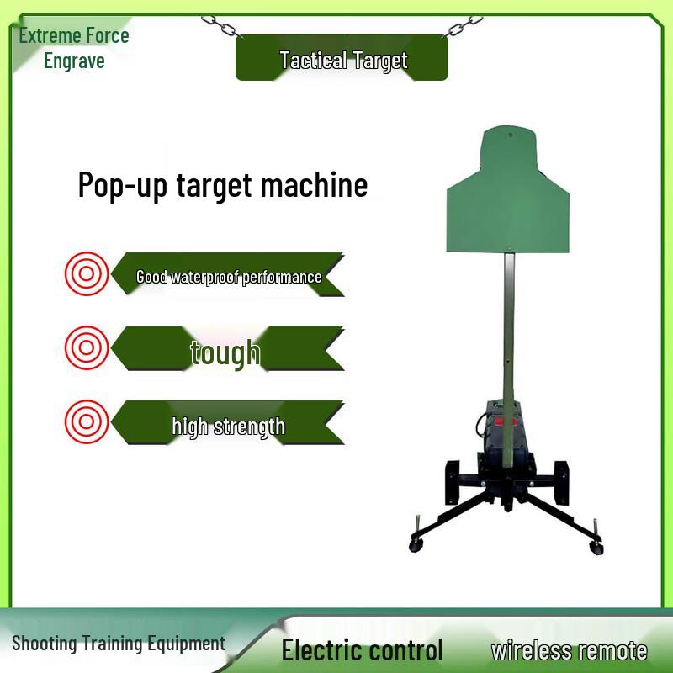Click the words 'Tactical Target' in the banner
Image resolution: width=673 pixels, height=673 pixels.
342,61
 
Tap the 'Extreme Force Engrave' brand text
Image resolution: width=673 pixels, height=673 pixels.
73,48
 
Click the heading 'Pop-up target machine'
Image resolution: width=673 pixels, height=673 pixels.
222,185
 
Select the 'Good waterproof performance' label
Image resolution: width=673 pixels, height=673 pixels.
229,277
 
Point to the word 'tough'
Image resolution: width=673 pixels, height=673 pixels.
225,352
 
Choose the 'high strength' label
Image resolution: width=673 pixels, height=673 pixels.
228,427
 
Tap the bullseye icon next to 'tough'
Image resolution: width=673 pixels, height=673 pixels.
87,348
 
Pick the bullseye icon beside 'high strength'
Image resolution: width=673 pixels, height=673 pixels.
87,423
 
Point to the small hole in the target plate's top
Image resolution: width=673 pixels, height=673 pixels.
508,132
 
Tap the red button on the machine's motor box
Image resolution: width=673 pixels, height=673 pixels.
506,423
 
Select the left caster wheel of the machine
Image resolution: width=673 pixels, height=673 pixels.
416,545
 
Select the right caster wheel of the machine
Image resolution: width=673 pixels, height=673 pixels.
597,548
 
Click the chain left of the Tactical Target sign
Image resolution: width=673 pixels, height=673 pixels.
221,26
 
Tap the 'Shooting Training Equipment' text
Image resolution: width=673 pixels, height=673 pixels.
119,644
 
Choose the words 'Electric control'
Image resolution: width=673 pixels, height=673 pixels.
362,650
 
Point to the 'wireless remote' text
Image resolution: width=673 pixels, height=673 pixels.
570,650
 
